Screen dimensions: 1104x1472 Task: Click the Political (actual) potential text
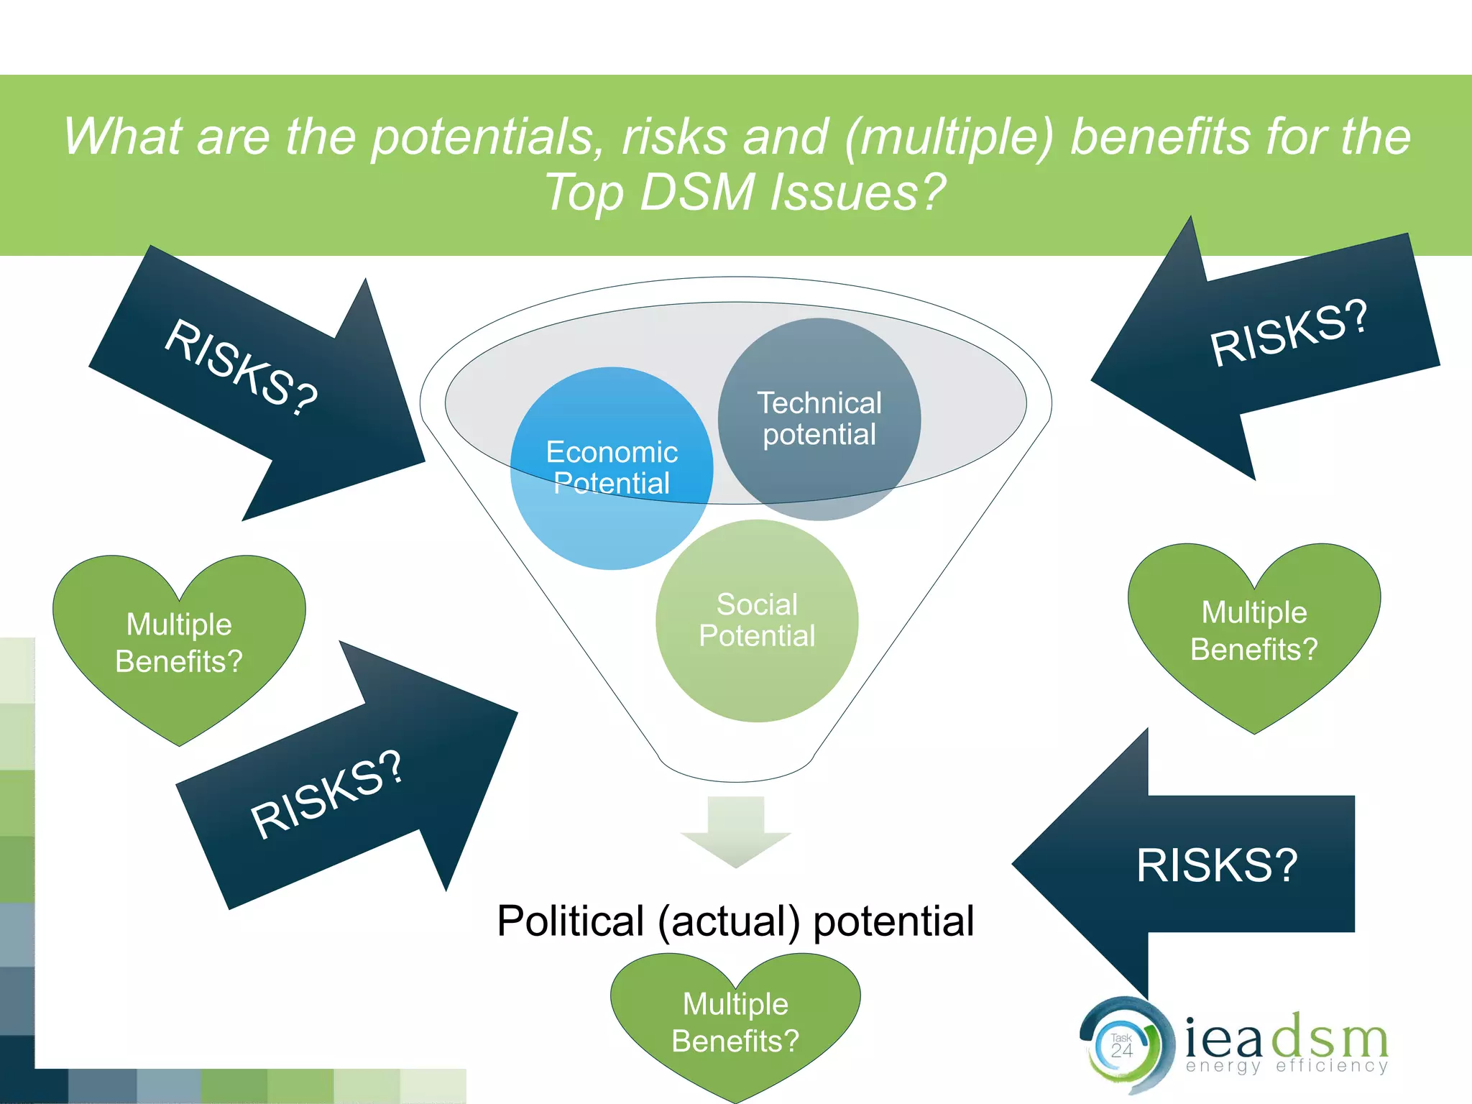pos(735,921)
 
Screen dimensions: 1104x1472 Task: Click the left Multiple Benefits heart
pos(179,643)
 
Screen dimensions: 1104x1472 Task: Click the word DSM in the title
pos(696,193)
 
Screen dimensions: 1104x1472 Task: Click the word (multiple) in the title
pos(949,137)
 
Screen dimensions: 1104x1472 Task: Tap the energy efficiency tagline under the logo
pos(1287,1066)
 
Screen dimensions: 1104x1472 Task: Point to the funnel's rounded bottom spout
pos(736,769)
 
